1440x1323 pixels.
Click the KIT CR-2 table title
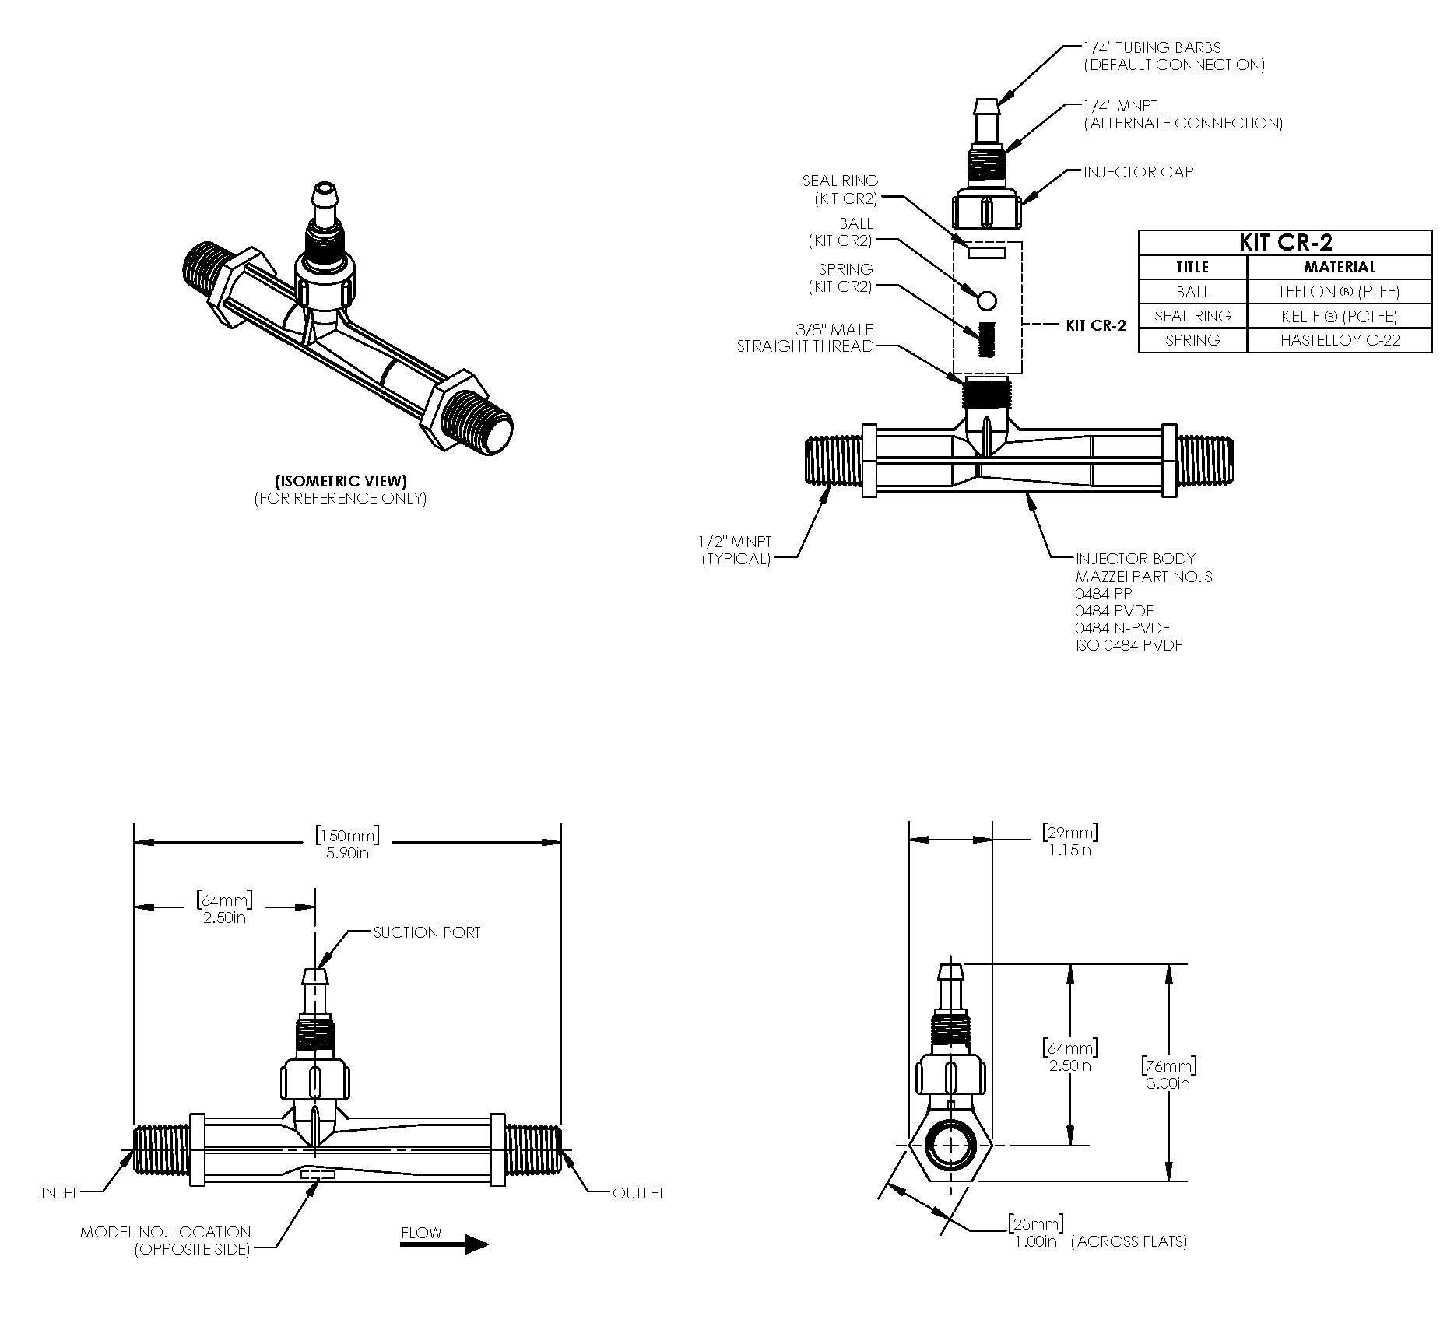(x=1284, y=242)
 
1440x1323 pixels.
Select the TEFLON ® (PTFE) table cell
(x=1339, y=292)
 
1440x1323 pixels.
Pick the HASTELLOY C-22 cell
(x=1339, y=340)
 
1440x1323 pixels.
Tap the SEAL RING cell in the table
(x=1192, y=316)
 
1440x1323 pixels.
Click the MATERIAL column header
(x=1339, y=267)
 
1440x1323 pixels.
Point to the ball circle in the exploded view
(x=986, y=300)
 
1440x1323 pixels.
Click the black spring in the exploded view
(x=988, y=339)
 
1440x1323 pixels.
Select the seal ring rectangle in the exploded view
(x=986, y=252)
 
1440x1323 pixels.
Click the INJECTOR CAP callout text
(x=1138, y=172)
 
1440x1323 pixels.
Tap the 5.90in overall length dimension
(x=347, y=853)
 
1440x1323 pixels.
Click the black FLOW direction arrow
(x=444, y=1244)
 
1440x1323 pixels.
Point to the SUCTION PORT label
(x=427, y=932)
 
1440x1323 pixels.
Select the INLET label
(x=59, y=1193)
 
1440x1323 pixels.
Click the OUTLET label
(x=638, y=1193)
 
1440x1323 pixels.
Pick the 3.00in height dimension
(x=1168, y=1083)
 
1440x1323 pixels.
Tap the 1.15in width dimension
(x=1069, y=850)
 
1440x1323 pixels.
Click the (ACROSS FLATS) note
(x=1129, y=1241)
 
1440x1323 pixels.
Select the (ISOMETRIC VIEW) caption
(x=341, y=481)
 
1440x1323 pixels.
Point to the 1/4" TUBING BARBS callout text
(x=1152, y=47)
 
